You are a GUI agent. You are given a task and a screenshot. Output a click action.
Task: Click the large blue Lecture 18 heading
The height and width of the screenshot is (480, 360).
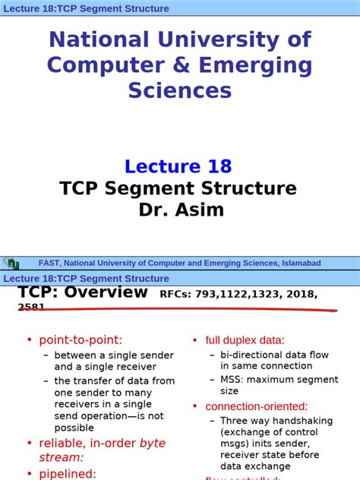178,166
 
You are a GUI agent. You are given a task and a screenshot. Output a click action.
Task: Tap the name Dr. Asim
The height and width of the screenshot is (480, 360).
179,209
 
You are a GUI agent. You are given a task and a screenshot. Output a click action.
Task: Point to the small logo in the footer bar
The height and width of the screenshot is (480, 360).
11,264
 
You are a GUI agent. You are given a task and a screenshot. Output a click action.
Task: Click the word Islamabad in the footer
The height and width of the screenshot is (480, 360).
298,264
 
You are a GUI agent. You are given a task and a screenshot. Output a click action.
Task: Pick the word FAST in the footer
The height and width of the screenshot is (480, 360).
49,264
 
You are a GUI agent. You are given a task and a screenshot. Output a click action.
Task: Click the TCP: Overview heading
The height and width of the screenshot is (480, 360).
83,292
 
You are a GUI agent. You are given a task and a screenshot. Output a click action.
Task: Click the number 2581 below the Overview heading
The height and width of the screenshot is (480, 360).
31,308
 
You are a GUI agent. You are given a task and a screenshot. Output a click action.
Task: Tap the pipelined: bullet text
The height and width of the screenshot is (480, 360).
68,473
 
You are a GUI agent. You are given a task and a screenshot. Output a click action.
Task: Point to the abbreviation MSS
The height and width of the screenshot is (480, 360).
232,379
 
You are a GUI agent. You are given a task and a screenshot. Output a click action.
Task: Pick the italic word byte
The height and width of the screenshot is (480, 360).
152,443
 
